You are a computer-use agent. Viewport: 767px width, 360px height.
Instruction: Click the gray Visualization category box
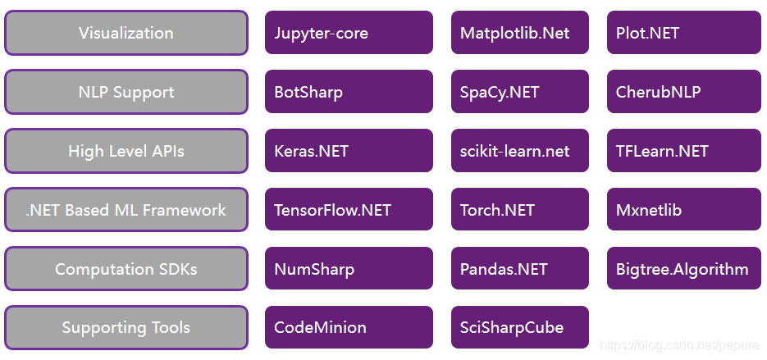pos(126,33)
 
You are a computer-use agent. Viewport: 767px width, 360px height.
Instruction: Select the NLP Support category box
pos(126,92)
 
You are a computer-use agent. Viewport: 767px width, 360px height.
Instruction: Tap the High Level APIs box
pos(126,151)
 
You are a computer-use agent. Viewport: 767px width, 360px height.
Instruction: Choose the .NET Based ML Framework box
pos(126,210)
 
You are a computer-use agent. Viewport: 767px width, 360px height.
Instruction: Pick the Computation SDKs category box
pos(126,269)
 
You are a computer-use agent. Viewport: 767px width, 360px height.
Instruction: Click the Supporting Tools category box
pos(126,328)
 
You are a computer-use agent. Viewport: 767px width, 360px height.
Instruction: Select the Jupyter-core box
pos(349,33)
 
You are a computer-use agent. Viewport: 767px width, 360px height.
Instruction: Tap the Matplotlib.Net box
pos(519,33)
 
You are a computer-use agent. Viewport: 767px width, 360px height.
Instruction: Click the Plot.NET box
pos(683,33)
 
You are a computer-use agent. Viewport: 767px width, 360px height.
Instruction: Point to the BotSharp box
pos(349,92)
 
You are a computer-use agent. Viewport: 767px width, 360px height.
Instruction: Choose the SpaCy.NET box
pos(519,92)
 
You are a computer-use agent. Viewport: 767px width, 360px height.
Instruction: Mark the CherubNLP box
pos(683,92)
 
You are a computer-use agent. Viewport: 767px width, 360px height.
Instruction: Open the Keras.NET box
pos(349,151)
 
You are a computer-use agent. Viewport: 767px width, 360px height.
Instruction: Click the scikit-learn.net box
pos(519,151)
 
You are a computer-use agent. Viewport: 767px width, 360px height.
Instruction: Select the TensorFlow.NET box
pos(349,210)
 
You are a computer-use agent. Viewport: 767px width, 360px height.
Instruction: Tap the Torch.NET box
pos(519,210)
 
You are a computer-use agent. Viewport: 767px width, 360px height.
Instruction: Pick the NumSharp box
pos(349,269)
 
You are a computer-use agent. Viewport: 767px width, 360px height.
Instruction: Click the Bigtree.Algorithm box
pos(683,269)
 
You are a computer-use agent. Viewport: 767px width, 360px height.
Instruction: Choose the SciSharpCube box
pos(519,328)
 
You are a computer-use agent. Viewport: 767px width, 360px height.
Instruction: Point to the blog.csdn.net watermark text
pos(680,347)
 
